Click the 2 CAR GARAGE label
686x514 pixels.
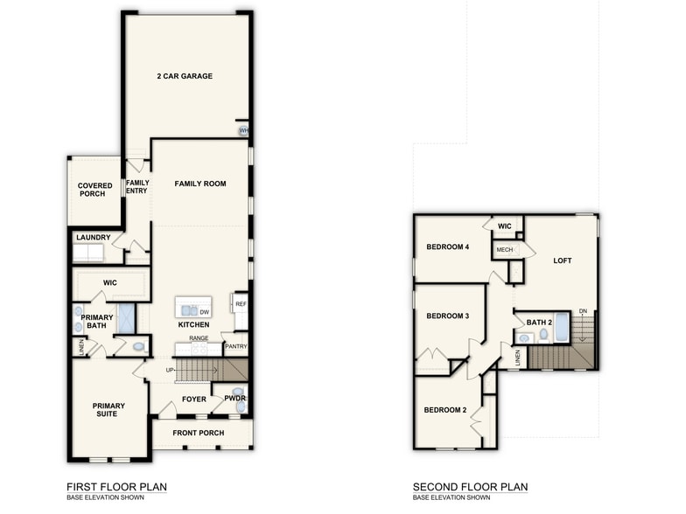coord(185,76)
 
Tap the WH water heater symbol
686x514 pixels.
coord(244,131)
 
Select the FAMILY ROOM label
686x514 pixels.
coord(200,184)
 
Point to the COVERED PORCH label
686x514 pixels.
coord(94,190)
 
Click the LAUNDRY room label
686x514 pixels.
coord(94,237)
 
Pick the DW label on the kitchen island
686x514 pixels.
coord(204,311)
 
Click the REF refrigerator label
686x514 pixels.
coord(241,304)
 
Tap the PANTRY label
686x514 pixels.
coord(235,346)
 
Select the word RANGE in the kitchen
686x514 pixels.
coord(199,337)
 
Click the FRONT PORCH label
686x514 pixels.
coord(198,433)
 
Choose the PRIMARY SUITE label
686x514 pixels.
coord(108,410)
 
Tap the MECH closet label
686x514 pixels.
coord(505,250)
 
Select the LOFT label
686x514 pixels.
coord(563,260)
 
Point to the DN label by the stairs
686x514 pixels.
coord(583,311)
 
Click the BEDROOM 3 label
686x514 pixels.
coord(447,316)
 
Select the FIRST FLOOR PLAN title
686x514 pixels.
coord(116,487)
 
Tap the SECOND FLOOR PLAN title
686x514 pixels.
coord(470,487)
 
